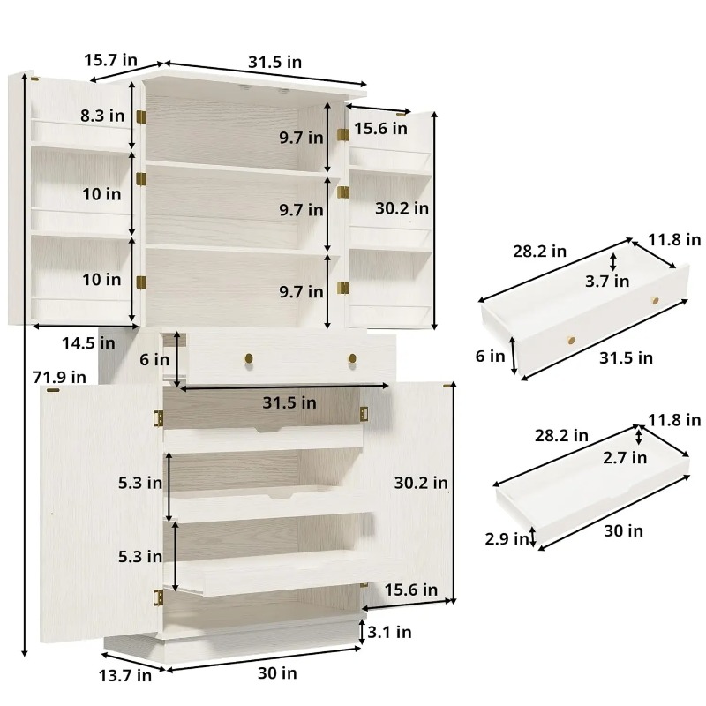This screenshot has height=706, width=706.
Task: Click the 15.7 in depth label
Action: pyautogui.click(x=111, y=60)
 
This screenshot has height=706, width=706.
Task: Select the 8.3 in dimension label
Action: pyautogui.click(x=102, y=116)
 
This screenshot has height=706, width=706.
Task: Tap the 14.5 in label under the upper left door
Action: pyautogui.click(x=88, y=343)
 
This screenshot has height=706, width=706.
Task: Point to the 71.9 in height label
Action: pyautogui.click(x=59, y=377)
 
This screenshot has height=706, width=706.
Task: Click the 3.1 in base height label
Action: pyautogui.click(x=389, y=632)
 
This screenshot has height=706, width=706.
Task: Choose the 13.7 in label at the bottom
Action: pyautogui.click(x=125, y=675)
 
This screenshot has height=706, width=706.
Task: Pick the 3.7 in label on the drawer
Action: pyautogui.click(x=607, y=282)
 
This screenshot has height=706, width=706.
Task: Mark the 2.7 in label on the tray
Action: pyautogui.click(x=625, y=458)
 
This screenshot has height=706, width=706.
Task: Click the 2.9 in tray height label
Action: pyautogui.click(x=507, y=538)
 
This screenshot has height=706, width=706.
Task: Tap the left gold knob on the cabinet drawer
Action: pyautogui.click(x=249, y=358)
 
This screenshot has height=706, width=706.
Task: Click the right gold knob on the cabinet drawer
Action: pyautogui.click(x=352, y=358)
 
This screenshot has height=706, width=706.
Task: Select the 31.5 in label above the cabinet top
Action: pyautogui.click(x=274, y=62)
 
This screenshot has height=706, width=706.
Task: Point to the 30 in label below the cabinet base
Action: pyautogui.click(x=277, y=673)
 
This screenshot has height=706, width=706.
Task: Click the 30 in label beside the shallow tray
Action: pyautogui.click(x=623, y=531)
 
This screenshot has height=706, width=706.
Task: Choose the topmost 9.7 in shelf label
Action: pyautogui.click(x=301, y=138)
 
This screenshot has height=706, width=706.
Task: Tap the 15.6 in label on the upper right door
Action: pyautogui.click(x=380, y=129)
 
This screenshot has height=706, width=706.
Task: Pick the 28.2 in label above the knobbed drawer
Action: pyautogui.click(x=539, y=252)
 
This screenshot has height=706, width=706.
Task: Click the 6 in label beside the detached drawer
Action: pyautogui.click(x=490, y=357)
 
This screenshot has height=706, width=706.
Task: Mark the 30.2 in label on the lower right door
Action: pyautogui.click(x=421, y=483)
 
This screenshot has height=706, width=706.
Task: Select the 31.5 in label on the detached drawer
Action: pyautogui.click(x=626, y=358)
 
